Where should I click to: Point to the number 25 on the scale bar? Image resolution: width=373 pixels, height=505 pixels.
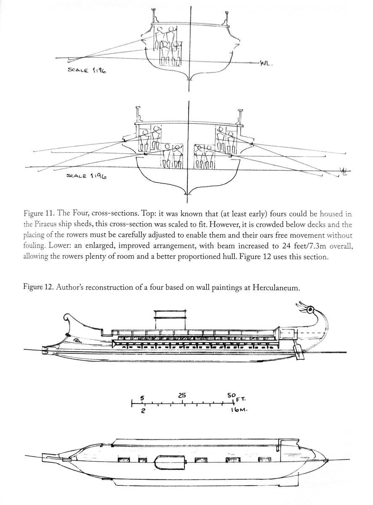[x=182, y=395]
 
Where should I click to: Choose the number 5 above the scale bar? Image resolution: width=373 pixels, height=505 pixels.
[x=143, y=397]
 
